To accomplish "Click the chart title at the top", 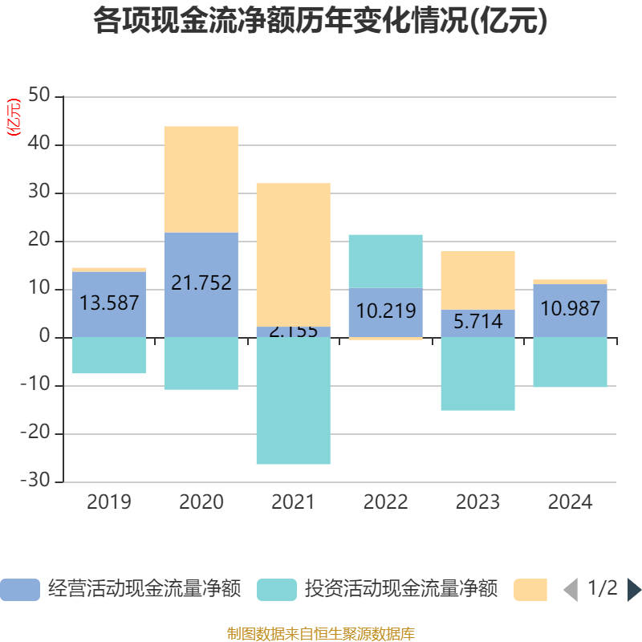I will tap(320, 21).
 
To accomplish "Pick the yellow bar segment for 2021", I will tap(293, 254).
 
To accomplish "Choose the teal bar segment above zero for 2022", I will tap(385, 261).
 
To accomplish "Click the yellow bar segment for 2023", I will tap(477, 279).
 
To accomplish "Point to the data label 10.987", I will tap(570, 308).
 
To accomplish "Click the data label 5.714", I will tap(477, 322).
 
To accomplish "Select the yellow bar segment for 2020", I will tap(201, 179).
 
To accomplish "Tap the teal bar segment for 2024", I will tap(570, 363).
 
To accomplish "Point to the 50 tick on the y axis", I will tap(40, 96).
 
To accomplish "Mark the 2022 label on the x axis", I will tap(385, 502).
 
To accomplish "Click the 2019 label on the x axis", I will tap(109, 502).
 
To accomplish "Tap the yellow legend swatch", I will tap(530, 590).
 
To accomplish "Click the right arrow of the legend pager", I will tap(634, 590).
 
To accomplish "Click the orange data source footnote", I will tap(320, 634).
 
